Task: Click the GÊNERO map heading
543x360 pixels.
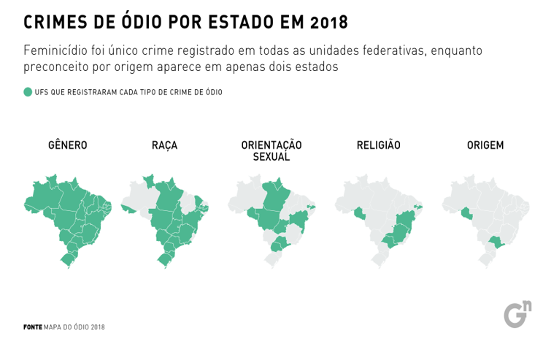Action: coord(67,145)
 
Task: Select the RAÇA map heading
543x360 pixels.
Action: coord(165,145)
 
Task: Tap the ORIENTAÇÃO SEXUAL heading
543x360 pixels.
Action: coord(271,150)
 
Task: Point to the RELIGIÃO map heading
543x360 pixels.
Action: coord(378,145)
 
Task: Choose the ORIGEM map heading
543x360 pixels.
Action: coord(485,145)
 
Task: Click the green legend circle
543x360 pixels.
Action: coord(28,92)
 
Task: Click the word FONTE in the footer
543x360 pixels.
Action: coord(32,327)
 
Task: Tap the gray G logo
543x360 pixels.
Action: coord(515,314)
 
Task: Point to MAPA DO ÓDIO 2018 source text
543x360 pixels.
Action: coord(74,327)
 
